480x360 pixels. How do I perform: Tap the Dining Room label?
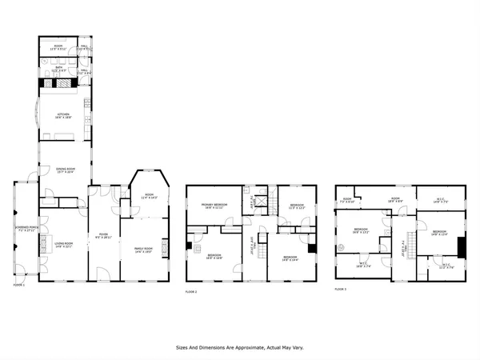point(64,170)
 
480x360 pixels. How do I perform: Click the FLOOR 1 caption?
point(19,285)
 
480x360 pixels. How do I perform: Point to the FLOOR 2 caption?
point(190,292)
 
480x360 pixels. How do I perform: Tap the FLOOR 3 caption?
point(340,289)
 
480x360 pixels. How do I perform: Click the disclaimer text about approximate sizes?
point(240,348)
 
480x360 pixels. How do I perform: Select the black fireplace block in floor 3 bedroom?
point(460,245)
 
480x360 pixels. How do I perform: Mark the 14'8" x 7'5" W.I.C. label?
point(442,201)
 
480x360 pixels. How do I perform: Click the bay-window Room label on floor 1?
point(149,195)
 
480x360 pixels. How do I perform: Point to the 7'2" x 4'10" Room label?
point(347,201)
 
